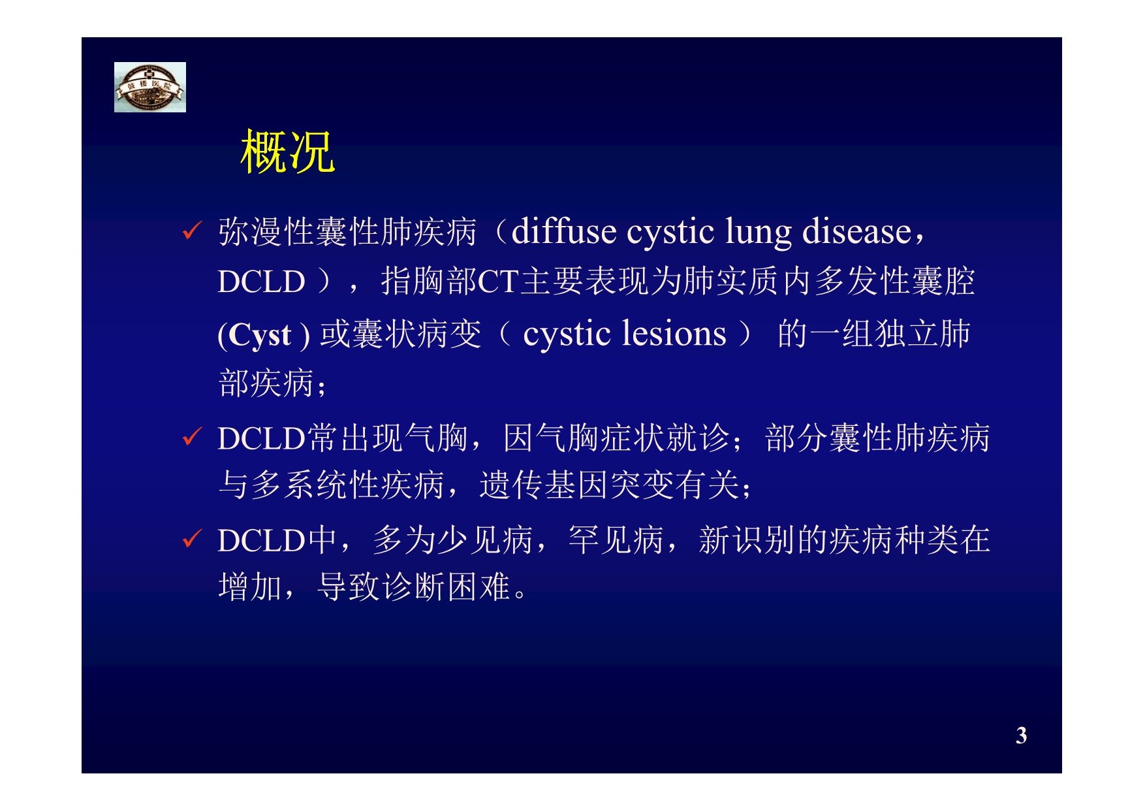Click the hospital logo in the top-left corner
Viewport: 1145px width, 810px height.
(x=150, y=87)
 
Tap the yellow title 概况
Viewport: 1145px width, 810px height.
(x=288, y=152)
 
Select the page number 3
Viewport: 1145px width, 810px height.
(x=1022, y=736)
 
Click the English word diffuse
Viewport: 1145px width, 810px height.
(x=564, y=231)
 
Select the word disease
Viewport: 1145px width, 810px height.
(x=856, y=231)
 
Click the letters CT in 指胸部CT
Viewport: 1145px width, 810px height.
(x=499, y=282)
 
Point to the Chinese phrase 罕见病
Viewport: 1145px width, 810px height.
(x=616, y=540)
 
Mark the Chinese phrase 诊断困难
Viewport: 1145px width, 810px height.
(x=447, y=587)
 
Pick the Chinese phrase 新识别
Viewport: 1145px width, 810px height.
(x=747, y=540)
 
